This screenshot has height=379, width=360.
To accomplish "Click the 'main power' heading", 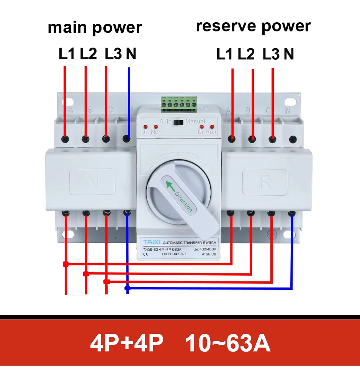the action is click(95, 28).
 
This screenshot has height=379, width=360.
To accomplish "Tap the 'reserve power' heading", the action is click(253, 26).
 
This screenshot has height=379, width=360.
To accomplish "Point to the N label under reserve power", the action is click(289, 55).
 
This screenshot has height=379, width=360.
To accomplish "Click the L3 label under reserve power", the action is click(271, 55).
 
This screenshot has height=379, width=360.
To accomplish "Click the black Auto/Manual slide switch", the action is click(178, 123).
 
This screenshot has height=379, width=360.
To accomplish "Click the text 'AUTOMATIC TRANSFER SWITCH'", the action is click(190, 243).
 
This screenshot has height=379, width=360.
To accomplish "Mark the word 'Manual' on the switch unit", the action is click(195, 121).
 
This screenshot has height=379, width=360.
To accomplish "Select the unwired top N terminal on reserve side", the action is click(293, 140).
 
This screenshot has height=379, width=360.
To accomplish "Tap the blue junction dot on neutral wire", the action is click(128, 288).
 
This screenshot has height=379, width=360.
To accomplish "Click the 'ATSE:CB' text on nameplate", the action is click(209, 254).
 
